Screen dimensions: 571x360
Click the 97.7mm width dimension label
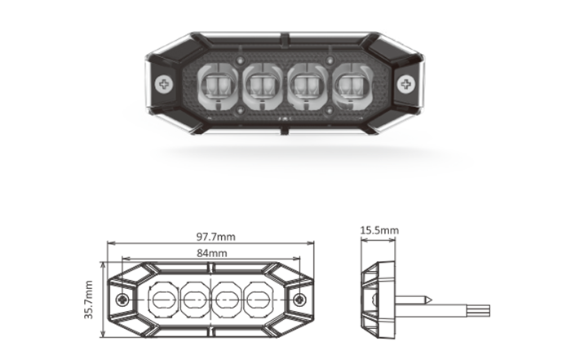click(x=216, y=237)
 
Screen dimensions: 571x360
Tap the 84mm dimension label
click(x=212, y=253)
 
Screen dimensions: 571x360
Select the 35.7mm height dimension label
click(x=89, y=300)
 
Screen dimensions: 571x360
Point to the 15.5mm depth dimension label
click(x=379, y=230)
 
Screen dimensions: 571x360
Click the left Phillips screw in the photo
click(x=164, y=84)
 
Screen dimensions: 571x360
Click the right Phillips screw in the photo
click(x=405, y=84)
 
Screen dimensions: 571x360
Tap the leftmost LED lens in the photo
click(x=218, y=87)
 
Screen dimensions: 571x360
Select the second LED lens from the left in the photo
click(x=263, y=87)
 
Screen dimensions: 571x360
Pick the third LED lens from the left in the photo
click(x=308, y=87)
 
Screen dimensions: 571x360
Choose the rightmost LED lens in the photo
click(x=353, y=87)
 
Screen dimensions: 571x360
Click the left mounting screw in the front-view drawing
click(x=122, y=300)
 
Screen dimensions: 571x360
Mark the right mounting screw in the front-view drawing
click(x=299, y=300)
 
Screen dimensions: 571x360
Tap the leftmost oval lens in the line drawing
click(x=163, y=300)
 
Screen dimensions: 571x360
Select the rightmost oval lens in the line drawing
click(x=257, y=300)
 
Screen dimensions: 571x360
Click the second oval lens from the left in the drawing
click(x=194, y=300)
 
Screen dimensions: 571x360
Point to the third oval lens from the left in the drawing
click(x=226, y=300)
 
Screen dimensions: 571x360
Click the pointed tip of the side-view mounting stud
click(x=432, y=300)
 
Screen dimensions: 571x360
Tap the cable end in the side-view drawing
click(x=489, y=311)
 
